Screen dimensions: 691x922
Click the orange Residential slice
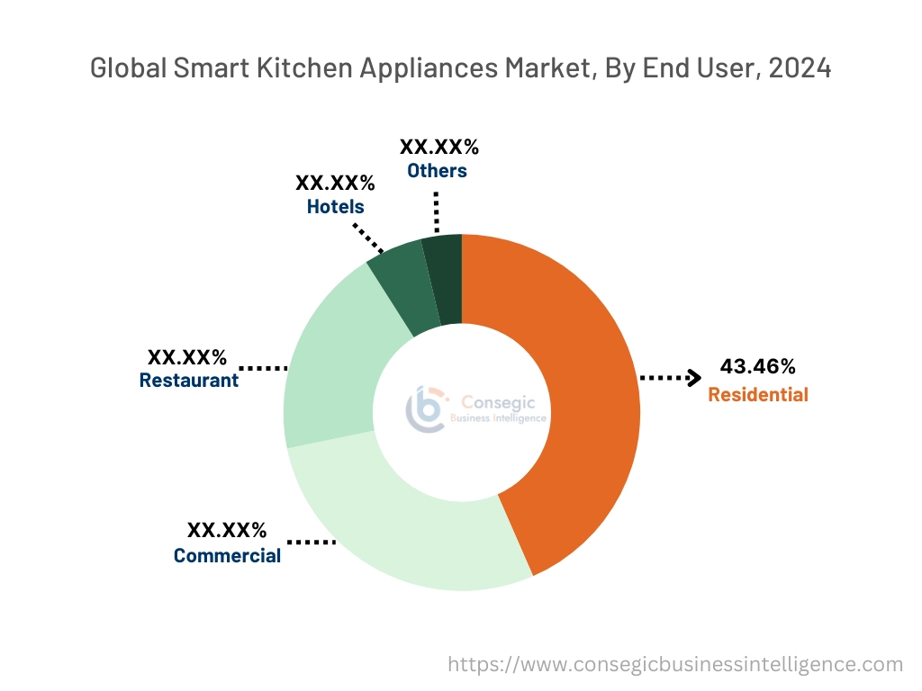(x=576, y=405)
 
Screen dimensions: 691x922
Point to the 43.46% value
(x=757, y=366)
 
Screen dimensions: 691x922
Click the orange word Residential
(x=757, y=394)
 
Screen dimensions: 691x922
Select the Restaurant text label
(x=188, y=380)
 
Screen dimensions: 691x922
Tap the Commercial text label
(x=227, y=555)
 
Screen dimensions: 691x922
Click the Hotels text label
(x=335, y=206)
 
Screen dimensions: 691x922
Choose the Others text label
(x=437, y=170)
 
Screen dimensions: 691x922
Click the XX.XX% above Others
(x=438, y=148)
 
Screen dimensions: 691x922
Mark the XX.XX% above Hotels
(x=335, y=183)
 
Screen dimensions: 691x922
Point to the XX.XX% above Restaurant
(x=187, y=356)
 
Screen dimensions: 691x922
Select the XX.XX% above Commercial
(x=227, y=530)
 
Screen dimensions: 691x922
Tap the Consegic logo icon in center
(x=424, y=410)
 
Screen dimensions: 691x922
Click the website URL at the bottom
(x=675, y=664)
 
